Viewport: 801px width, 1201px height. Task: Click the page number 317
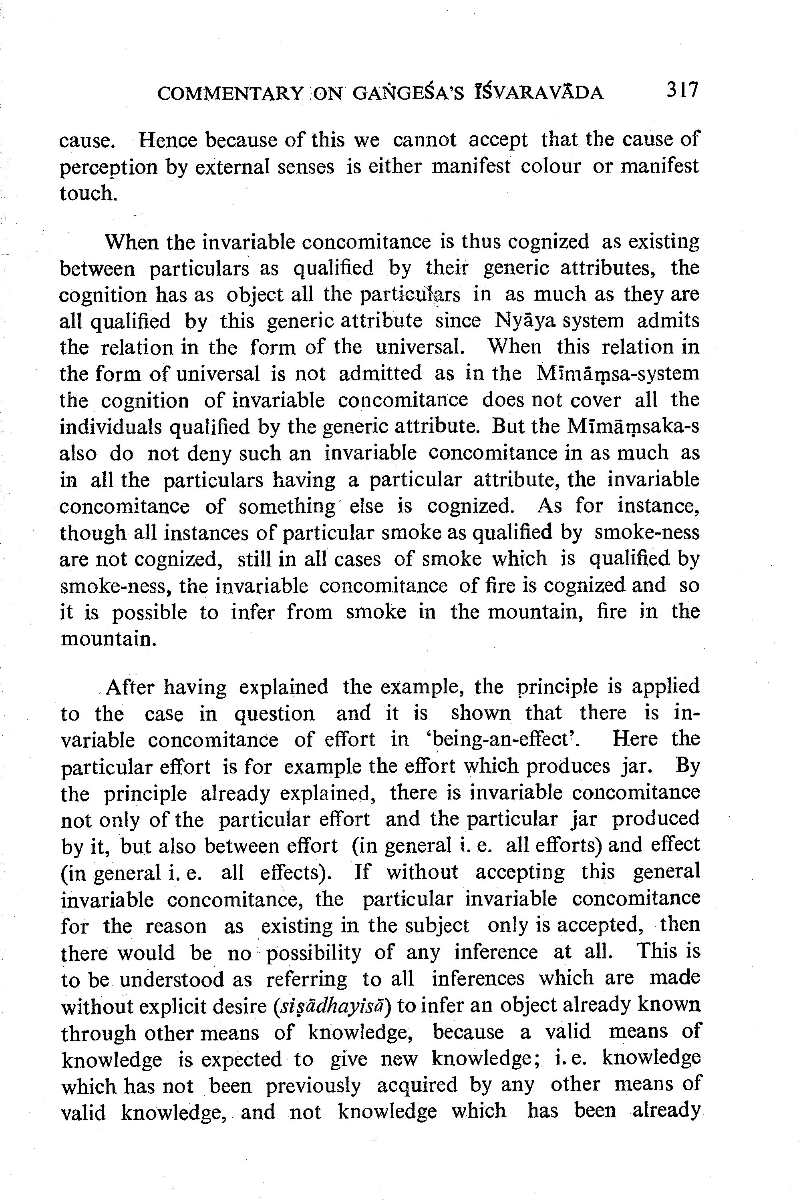682,90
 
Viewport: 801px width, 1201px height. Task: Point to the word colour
551,167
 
